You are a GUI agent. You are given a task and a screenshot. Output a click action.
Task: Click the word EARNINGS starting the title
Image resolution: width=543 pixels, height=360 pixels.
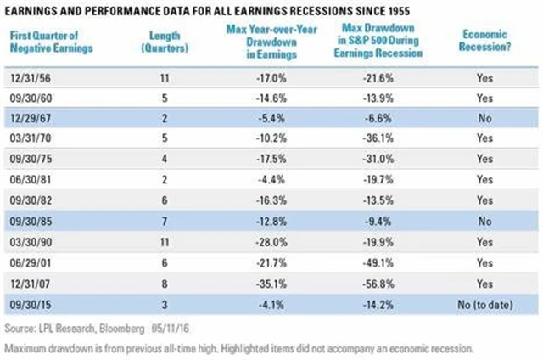(36, 11)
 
